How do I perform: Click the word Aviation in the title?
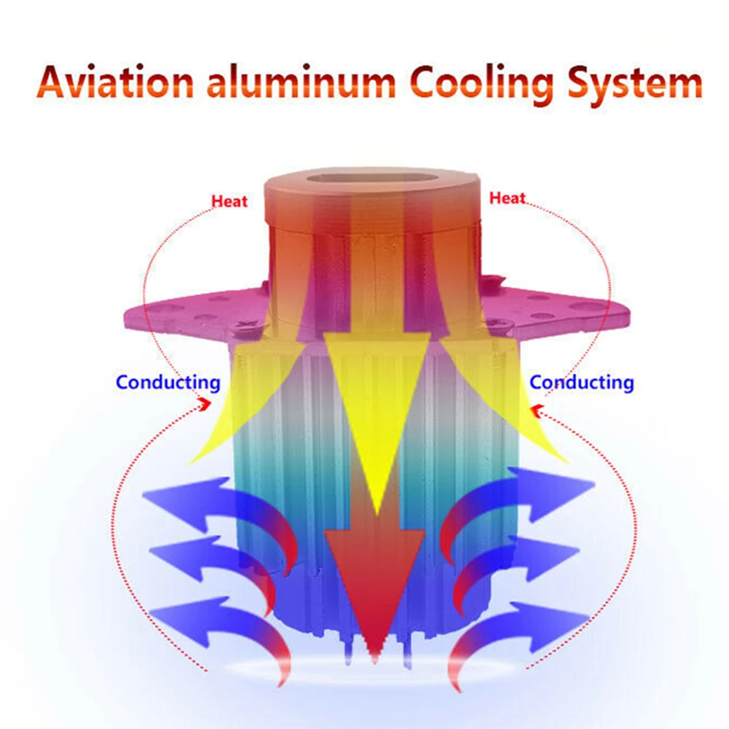[x=115, y=82]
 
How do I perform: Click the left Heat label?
[x=229, y=201]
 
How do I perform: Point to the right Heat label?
[x=507, y=198]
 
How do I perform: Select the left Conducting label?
[x=168, y=383]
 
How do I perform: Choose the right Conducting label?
[x=582, y=383]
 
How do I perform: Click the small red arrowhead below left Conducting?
[x=205, y=404]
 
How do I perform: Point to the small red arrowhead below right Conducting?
[x=537, y=411]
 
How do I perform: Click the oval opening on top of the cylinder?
[x=373, y=179]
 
